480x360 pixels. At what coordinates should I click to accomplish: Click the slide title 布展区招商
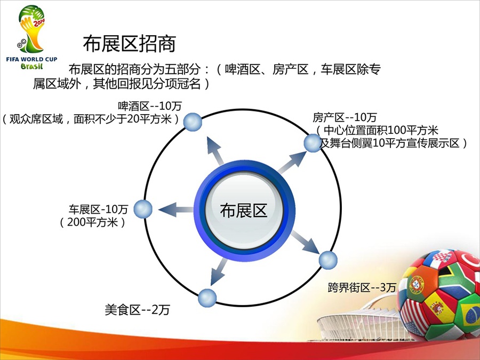(x=130, y=44)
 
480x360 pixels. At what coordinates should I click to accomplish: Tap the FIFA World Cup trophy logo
(x=31, y=37)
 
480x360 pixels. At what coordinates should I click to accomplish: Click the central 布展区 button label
(x=244, y=210)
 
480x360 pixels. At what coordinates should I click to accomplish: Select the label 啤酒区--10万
(x=150, y=106)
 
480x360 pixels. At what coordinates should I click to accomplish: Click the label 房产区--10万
(x=345, y=117)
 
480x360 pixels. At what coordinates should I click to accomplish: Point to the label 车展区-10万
(x=98, y=210)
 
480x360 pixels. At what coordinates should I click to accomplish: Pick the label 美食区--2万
(x=137, y=309)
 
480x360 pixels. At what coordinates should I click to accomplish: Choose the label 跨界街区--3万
(x=362, y=287)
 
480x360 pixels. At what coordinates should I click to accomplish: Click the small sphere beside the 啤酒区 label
(x=193, y=122)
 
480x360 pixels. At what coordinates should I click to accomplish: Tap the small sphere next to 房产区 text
(x=313, y=143)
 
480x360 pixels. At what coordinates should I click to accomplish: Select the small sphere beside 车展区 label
(x=143, y=209)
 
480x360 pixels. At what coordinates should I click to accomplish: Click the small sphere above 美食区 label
(x=207, y=298)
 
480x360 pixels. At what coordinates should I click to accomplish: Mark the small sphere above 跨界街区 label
(x=328, y=260)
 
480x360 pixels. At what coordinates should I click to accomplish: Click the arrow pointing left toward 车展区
(x=176, y=210)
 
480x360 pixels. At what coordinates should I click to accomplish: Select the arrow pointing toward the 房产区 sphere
(x=292, y=163)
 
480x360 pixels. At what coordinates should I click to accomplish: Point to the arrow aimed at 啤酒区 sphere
(x=215, y=151)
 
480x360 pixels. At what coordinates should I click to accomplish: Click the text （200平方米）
(x=92, y=222)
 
